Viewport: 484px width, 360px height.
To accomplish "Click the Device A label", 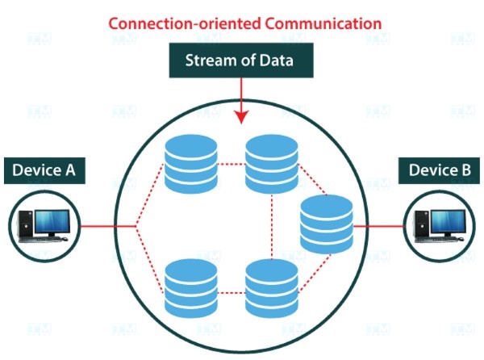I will tap(45, 170).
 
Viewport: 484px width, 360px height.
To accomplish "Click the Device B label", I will tap(438, 170).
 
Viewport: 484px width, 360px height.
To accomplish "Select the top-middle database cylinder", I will tap(271, 164).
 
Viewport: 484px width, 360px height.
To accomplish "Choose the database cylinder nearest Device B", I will tap(326, 224).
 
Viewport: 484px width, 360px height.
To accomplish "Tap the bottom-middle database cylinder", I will tap(271, 287).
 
